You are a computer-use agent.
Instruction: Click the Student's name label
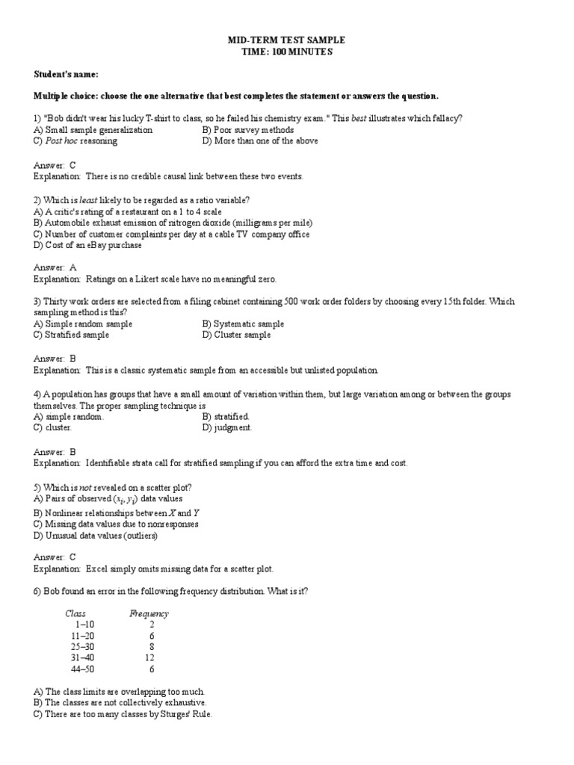66,75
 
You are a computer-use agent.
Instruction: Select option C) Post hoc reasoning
72,141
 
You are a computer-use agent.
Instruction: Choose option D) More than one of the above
259,141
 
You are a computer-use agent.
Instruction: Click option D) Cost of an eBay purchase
87,245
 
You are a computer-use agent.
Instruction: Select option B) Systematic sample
243,324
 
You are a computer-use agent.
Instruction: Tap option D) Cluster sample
236,335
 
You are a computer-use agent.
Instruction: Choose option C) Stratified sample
71,335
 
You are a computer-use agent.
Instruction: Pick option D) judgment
227,428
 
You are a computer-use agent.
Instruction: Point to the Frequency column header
149,614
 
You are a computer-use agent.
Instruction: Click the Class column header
75,614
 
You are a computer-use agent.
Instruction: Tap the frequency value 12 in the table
151,658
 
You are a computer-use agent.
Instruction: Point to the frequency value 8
152,647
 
